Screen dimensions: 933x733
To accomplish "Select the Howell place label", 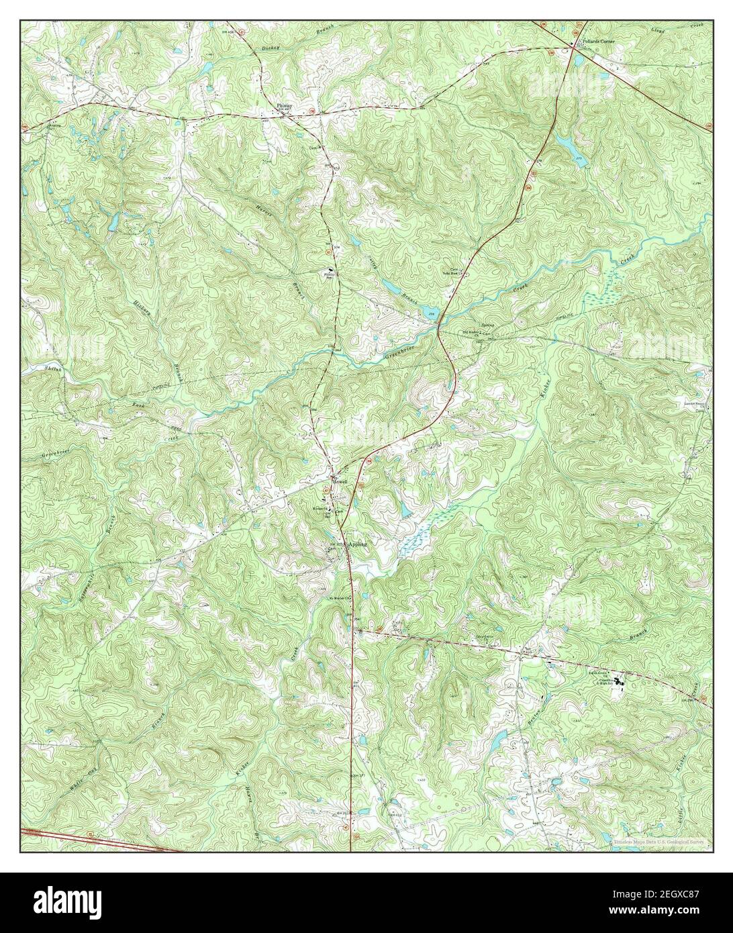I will (342, 481).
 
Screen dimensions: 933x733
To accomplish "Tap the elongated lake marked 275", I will (563, 142).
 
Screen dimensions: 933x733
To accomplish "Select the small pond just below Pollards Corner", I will (578, 60).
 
